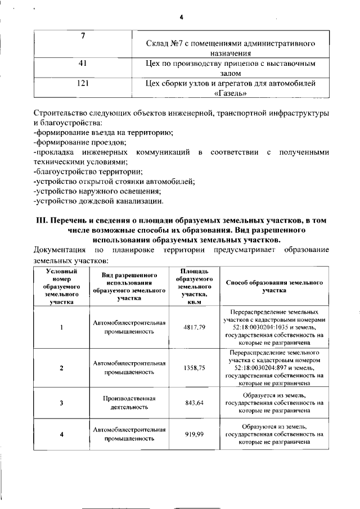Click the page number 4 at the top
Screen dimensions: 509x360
[182, 17]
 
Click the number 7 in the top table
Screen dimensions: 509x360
[83, 37]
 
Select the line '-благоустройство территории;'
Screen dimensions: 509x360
[88, 171]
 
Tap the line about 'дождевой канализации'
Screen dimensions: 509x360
[99, 200]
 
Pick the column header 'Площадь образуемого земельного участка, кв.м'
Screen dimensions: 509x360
[193, 287]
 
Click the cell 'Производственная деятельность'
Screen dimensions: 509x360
[129, 403]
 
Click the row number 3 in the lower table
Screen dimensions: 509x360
[61, 403]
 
